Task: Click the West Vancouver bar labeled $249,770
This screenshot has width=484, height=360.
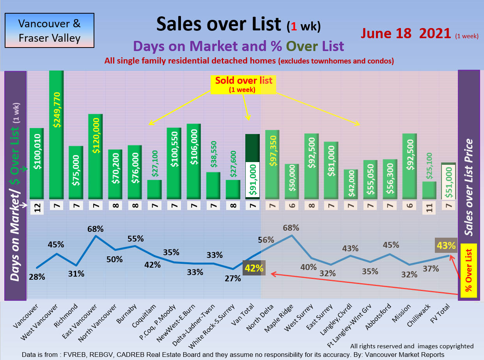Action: (x=57, y=134)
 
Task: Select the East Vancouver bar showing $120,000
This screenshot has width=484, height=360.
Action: (x=96, y=156)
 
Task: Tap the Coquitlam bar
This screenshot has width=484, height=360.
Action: (x=154, y=189)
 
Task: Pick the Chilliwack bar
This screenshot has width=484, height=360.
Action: (x=429, y=190)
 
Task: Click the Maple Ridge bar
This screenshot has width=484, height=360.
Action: (x=292, y=181)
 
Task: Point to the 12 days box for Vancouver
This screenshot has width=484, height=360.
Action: (x=37, y=207)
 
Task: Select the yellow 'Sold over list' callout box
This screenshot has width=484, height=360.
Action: (x=243, y=84)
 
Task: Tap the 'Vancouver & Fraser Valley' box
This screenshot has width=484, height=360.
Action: (x=50, y=31)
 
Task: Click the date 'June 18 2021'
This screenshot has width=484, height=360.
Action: (x=406, y=33)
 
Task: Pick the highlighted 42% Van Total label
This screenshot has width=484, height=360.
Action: (x=254, y=268)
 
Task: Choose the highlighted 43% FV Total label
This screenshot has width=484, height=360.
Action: (x=446, y=245)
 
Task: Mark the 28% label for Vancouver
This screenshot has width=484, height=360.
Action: (x=37, y=277)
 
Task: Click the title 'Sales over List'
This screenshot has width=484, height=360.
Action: (x=218, y=24)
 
